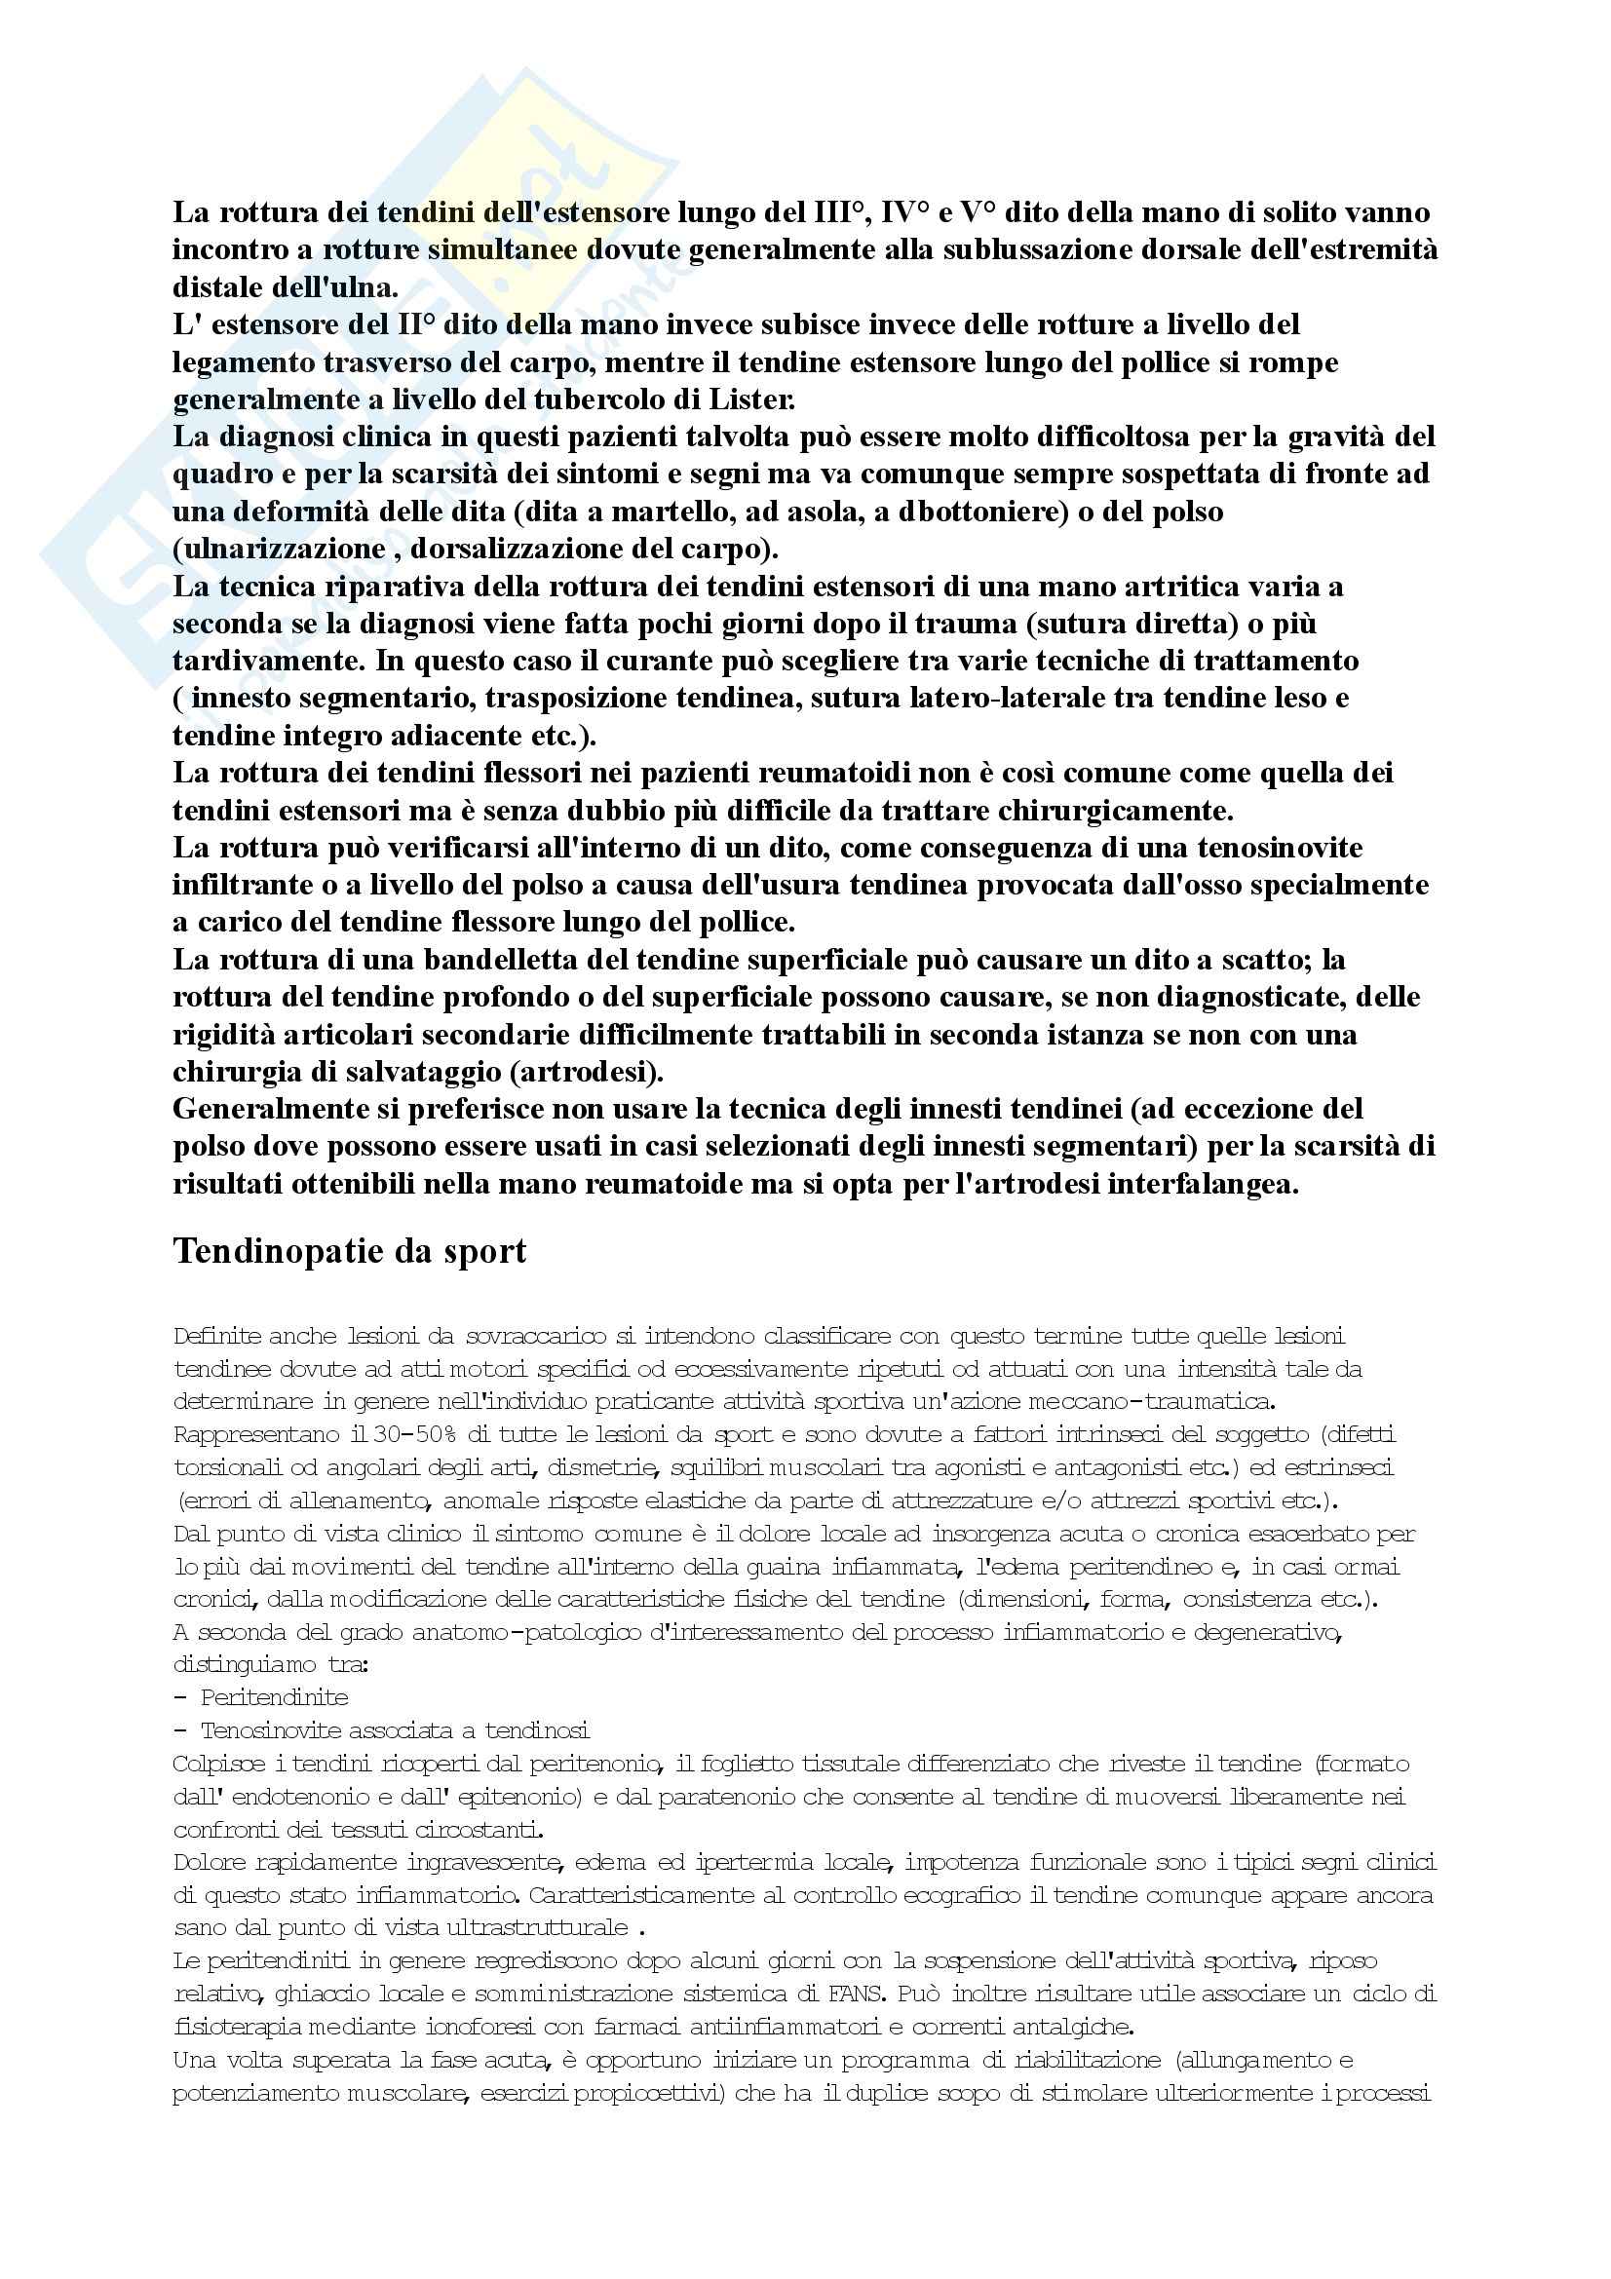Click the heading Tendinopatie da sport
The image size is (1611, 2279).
pos(350,1252)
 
